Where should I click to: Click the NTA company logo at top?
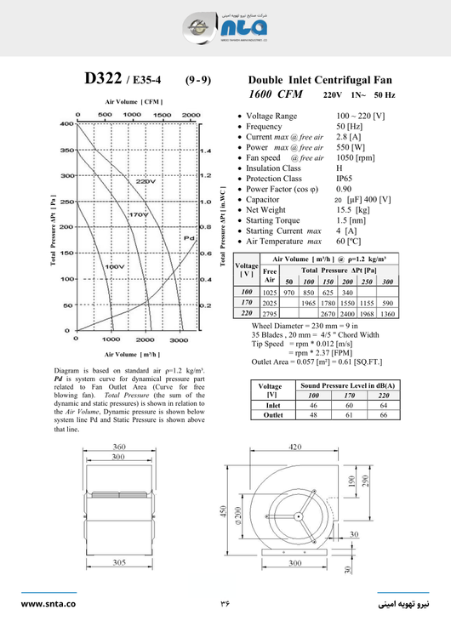[225, 29]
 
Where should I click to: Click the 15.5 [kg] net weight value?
[352, 209]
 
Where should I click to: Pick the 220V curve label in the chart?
[146, 181]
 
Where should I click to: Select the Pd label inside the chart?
[188, 238]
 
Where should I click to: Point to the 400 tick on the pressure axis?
[66, 124]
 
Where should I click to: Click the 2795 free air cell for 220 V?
[270, 314]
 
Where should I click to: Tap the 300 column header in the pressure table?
[387, 281]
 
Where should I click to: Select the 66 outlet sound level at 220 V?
[383, 416]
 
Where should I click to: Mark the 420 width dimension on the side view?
[295, 447]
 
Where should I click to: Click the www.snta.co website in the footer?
[49, 604]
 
